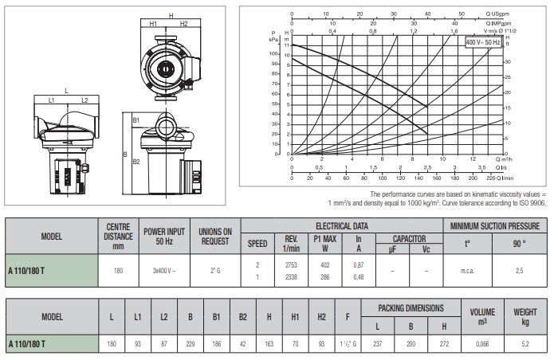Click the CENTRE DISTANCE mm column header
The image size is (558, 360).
point(119,237)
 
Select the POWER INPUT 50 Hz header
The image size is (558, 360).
point(164,237)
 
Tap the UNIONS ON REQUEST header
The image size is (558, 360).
point(214,237)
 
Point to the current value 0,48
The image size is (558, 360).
point(359,276)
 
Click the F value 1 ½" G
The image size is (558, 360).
point(348,343)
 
